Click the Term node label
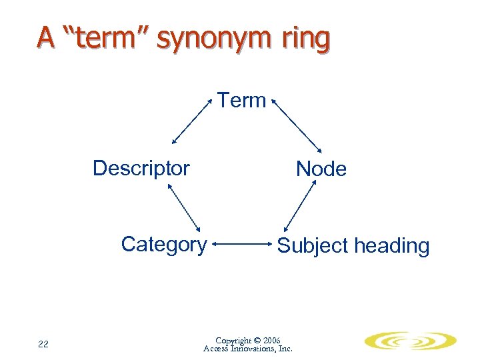coord(242,101)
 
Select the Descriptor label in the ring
coord(141,168)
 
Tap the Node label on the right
coord(321,169)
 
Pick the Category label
coord(163,245)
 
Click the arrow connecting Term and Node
coord(296,125)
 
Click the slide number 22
coord(43,344)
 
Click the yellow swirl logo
coord(410,341)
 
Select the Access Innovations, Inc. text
coord(247,349)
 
